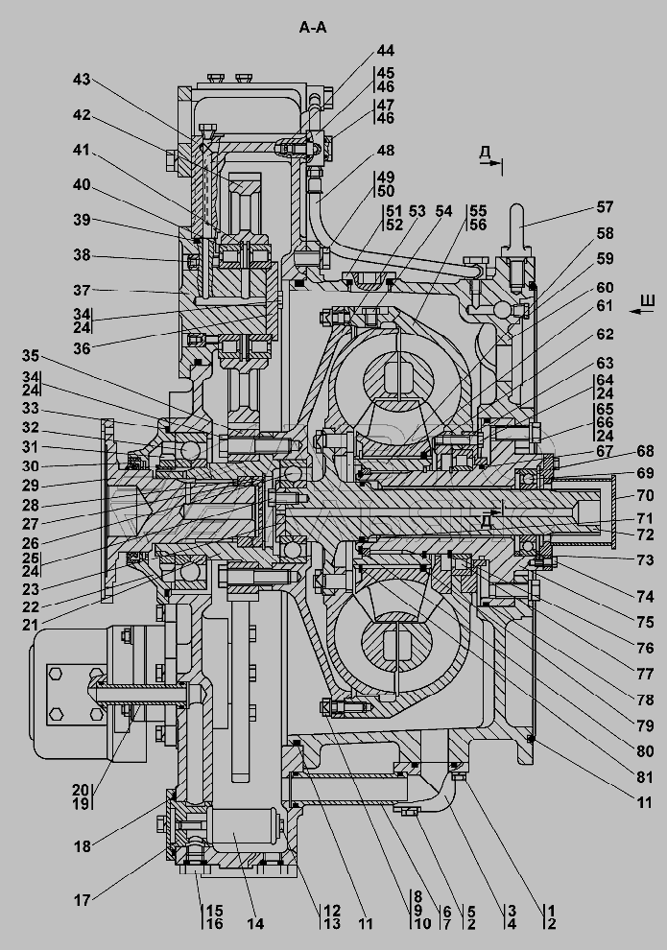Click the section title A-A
313,28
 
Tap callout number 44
385,50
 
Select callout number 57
604,205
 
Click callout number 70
645,495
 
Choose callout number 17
83,900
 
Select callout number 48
385,150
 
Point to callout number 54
443,211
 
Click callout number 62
604,335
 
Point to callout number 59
604,258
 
